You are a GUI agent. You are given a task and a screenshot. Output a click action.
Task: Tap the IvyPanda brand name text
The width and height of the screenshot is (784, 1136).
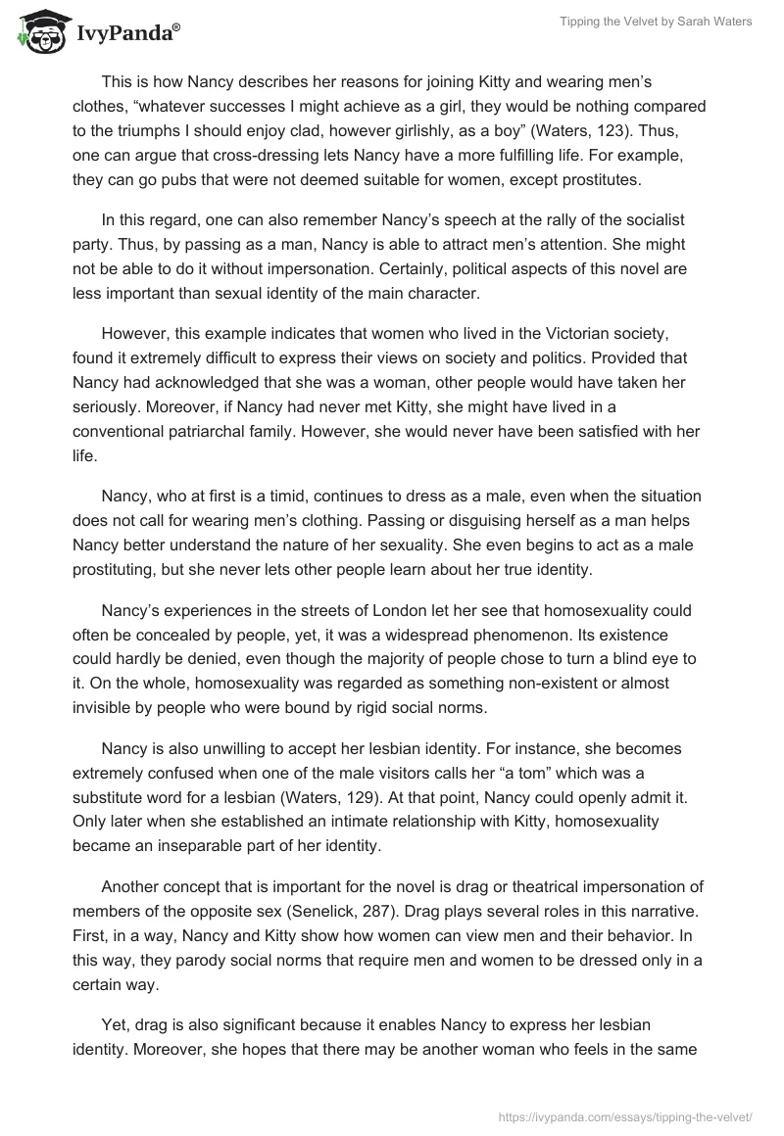[x=127, y=34]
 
